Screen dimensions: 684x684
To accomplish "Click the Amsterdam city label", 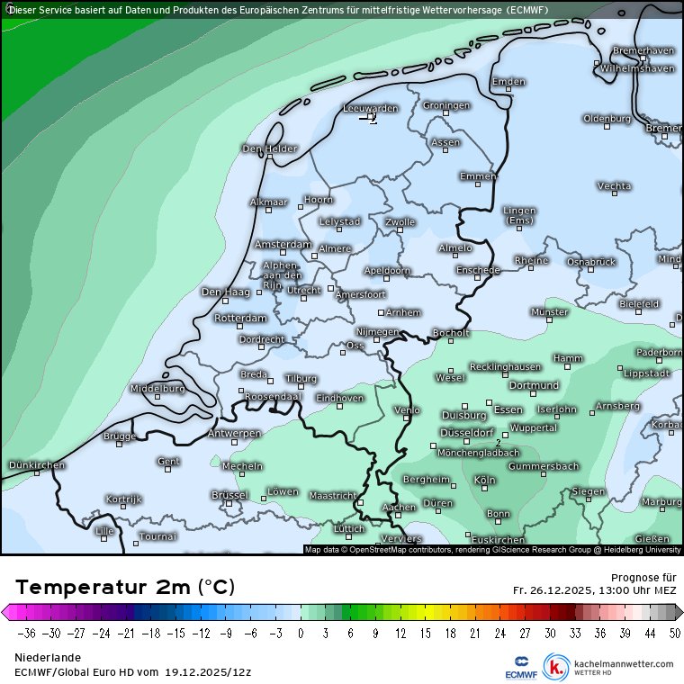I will click(283, 244).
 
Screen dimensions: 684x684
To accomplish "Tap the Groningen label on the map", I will click(446, 105).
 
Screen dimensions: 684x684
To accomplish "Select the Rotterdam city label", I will click(241, 318).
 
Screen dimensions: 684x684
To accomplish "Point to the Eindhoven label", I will click(340, 397).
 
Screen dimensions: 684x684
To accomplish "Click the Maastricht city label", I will click(332, 495).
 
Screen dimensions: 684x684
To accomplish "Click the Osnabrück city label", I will click(590, 261).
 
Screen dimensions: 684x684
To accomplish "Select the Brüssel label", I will click(229, 495).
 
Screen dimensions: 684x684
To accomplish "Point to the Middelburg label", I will click(157, 388).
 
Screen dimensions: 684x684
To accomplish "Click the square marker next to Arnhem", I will click(382, 312).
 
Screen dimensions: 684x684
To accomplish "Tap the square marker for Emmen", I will click(478, 184).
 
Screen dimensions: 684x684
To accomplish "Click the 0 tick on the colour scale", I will click(301, 633).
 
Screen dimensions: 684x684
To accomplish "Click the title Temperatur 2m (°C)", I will click(125, 588).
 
